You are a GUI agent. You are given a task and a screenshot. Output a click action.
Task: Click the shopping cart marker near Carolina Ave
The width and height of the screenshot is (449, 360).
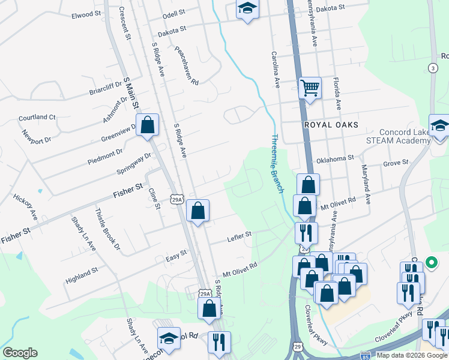310,89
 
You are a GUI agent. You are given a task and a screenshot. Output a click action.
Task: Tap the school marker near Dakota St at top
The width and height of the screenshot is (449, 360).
246,10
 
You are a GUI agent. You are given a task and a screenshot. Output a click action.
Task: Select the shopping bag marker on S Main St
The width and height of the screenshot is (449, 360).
148,125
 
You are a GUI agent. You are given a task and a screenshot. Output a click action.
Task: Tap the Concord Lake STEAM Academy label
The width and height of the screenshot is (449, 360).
402,136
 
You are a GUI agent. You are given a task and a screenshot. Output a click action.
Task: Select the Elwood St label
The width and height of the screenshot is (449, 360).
82,14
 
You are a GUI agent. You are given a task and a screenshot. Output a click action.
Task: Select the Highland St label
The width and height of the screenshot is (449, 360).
82,271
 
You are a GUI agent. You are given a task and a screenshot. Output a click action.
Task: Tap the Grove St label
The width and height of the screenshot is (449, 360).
396,163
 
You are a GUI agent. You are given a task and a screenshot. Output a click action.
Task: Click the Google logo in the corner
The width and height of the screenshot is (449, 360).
20,353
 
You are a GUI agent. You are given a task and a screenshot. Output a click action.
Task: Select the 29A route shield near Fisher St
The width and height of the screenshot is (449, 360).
176,199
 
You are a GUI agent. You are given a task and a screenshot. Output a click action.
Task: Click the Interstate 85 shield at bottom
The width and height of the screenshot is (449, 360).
365,355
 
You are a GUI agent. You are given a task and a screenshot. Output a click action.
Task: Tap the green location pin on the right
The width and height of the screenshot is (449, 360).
431,262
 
